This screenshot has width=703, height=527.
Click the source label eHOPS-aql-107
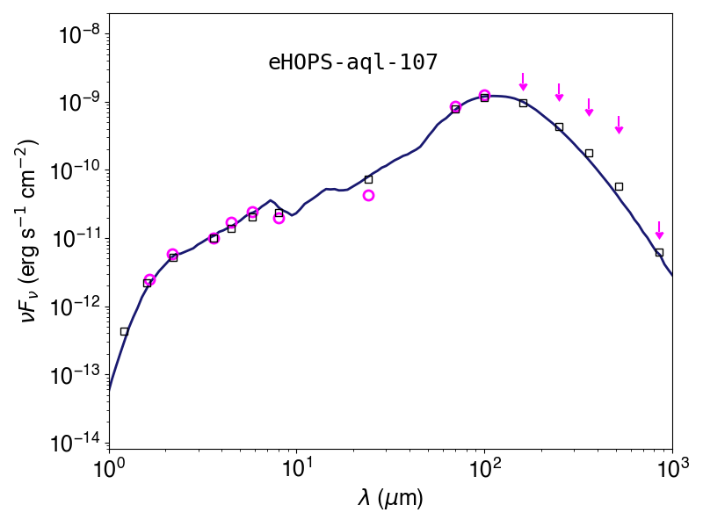(x=353, y=62)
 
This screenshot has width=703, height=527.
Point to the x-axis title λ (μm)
(x=390, y=498)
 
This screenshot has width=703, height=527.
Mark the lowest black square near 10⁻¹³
(x=124, y=332)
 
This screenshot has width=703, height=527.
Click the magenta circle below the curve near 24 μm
(x=368, y=195)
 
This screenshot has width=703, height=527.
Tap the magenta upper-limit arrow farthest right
(x=659, y=230)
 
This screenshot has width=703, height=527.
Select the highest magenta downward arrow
(x=523, y=81)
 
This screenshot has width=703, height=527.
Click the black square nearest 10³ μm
(x=659, y=253)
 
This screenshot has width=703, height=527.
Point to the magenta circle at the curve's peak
(x=484, y=95)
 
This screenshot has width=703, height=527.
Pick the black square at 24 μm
(x=368, y=179)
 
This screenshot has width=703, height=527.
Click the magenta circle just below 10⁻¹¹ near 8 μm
(x=279, y=218)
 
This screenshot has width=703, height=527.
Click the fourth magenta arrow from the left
(x=619, y=125)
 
